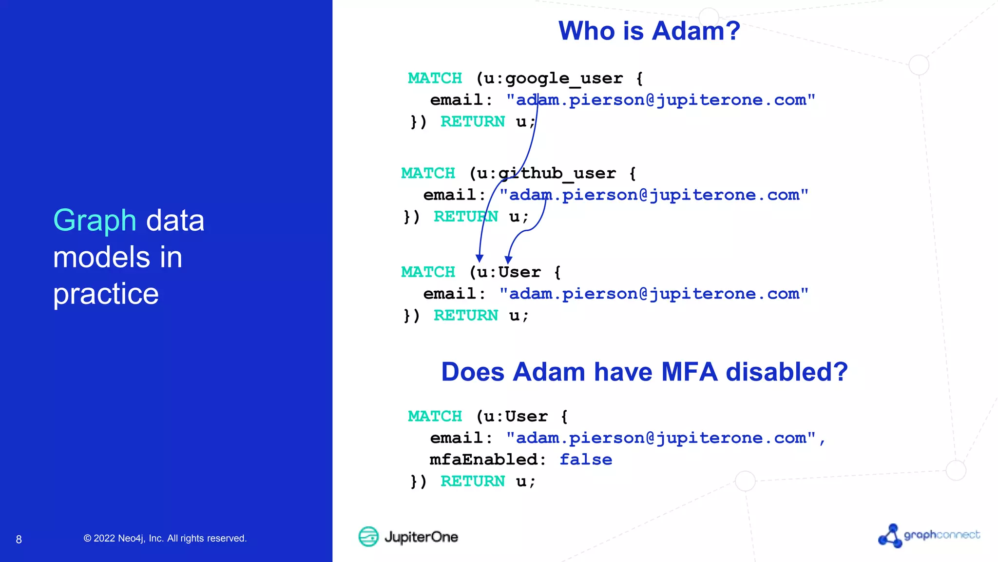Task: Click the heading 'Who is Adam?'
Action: point(649,31)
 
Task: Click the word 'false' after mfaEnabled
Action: point(585,460)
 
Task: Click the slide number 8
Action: point(19,540)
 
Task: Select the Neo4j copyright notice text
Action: point(165,539)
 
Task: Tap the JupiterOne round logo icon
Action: point(368,537)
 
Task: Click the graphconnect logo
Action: point(929,536)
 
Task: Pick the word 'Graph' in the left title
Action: point(95,221)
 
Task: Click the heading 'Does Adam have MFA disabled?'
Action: point(644,372)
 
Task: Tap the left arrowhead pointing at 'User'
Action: point(480,259)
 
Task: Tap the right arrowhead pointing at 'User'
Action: point(508,260)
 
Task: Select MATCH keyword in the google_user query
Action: point(435,79)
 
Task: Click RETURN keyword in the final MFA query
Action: point(472,482)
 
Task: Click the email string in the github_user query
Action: point(653,195)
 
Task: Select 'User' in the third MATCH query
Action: point(519,272)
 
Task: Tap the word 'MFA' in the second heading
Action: point(689,372)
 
